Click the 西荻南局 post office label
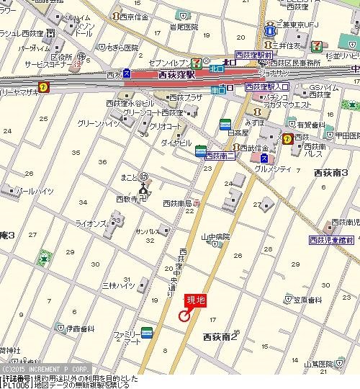pyautogui.click(x=178, y=203)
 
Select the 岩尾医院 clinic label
pyautogui.click(x=184, y=27)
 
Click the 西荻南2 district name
pyautogui.click(x=220, y=336)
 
